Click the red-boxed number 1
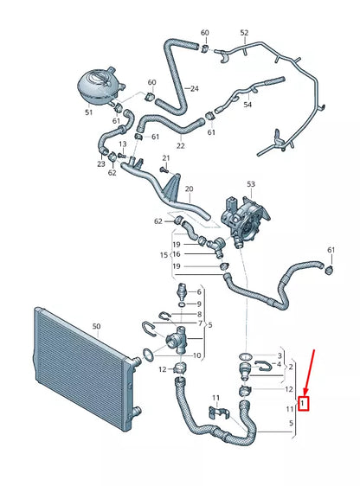click(302, 402)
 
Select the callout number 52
click(244, 34)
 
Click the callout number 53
click(251, 184)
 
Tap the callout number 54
click(247, 105)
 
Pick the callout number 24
click(194, 88)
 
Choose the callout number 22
click(181, 146)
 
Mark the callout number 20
click(189, 189)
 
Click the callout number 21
click(166, 158)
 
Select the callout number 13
click(122, 144)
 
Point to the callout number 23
click(101, 163)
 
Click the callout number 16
click(176, 255)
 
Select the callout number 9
click(198, 304)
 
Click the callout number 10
click(196, 355)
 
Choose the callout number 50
click(97, 327)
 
